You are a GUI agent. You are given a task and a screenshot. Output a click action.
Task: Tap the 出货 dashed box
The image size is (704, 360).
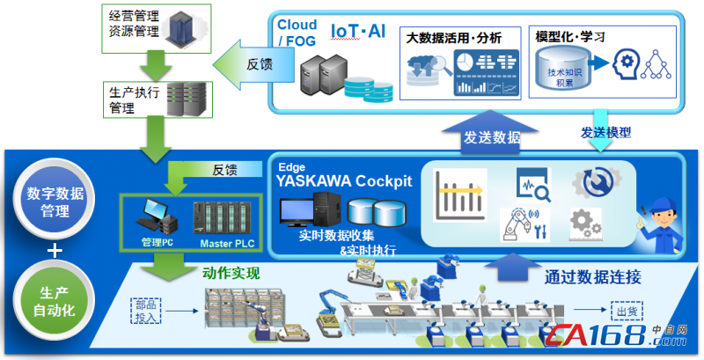(621, 310)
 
